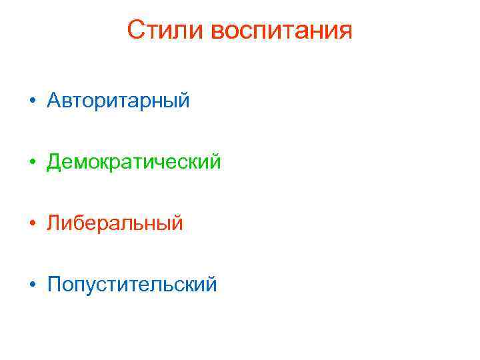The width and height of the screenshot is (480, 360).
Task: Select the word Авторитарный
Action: click(119, 101)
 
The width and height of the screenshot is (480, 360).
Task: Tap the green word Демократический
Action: click(133, 162)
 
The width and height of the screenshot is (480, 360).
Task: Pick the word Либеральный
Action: click(115, 223)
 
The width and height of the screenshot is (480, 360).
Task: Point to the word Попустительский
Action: click(132, 285)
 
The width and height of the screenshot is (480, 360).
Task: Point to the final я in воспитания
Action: click(344, 32)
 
